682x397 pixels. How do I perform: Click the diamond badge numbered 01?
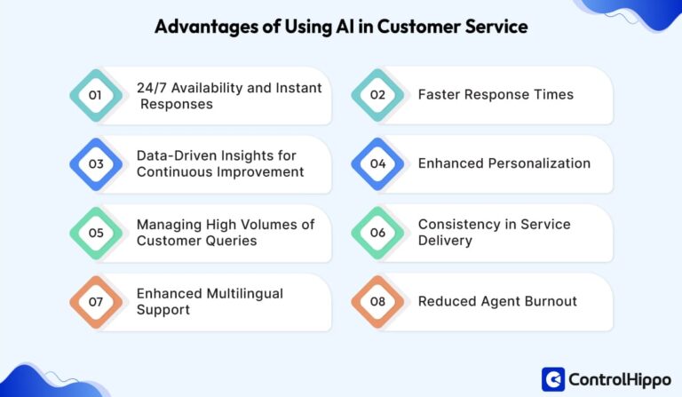click(x=96, y=95)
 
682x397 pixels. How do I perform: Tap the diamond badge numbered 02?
click(x=377, y=95)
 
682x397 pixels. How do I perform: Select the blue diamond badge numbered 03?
click(x=96, y=164)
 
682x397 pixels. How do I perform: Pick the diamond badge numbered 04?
click(x=377, y=164)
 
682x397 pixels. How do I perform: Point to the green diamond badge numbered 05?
click(x=96, y=233)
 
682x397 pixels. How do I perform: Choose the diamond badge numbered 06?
click(x=377, y=233)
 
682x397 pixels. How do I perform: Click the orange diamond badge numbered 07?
click(x=96, y=302)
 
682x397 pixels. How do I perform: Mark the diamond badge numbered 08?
click(x=377, y=302)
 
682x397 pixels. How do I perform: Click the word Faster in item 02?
click(x=440, y=95)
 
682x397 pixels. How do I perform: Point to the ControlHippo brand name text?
click(x=615, y=379)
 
